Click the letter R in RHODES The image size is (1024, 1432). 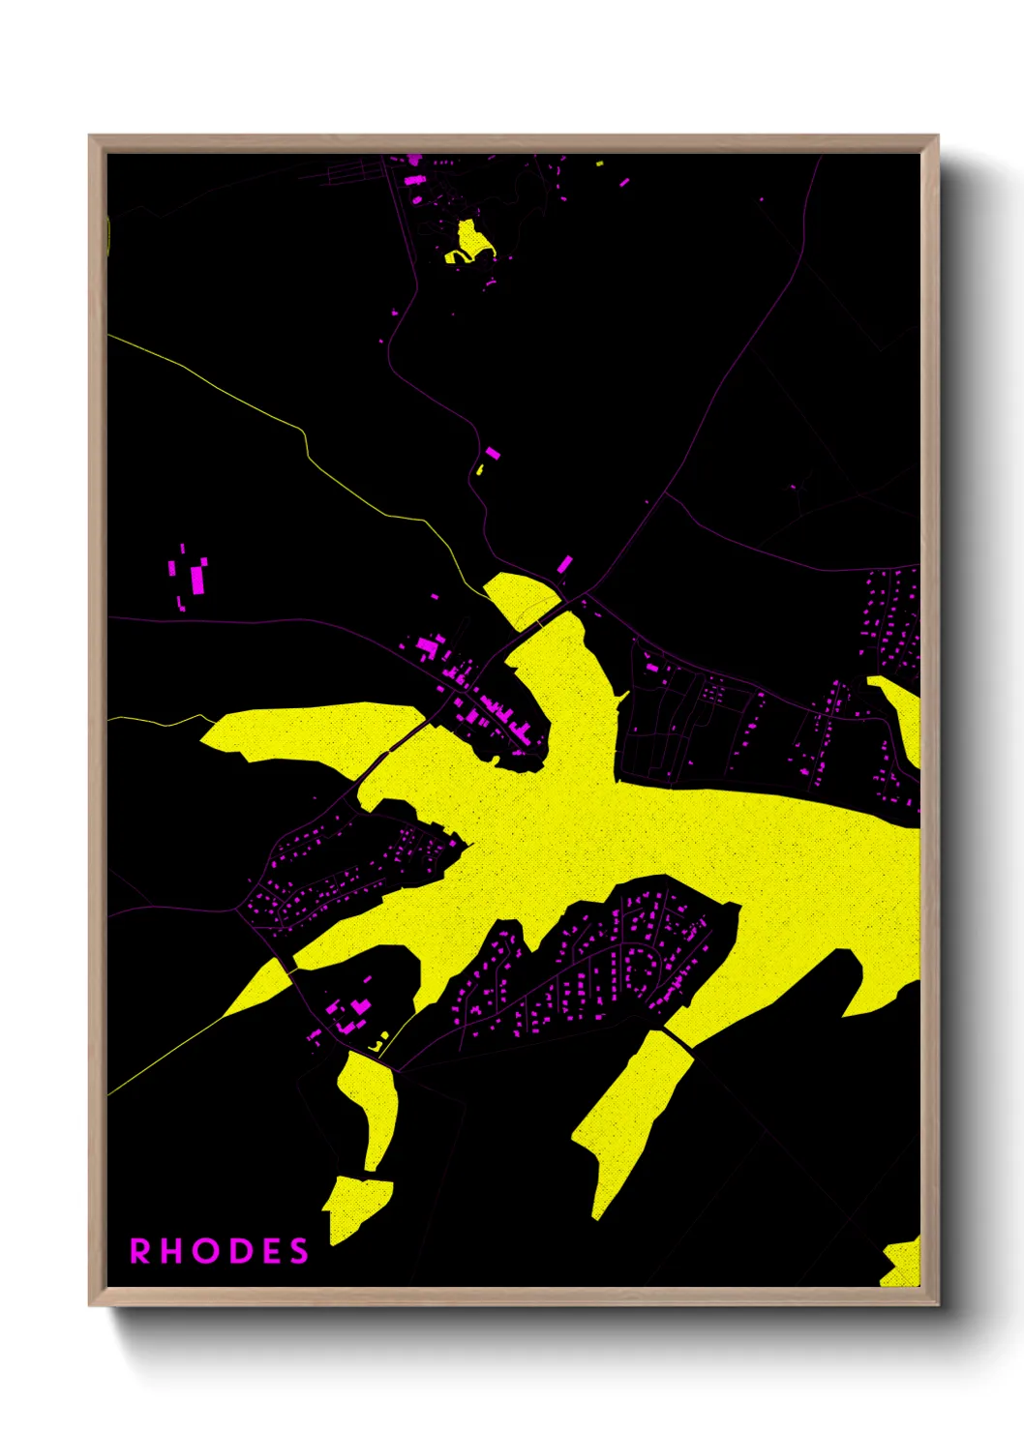pyautogui.click(x=141, y=1251)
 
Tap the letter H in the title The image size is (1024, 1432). pyautogui.click(x=172, y=1251)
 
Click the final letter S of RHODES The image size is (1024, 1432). pyautogui.click(x=298, y=1251)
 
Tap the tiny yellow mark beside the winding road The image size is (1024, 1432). pyautogui.click(x=479, y=470)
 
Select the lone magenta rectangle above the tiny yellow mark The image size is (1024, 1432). pyautogui.click(x=492, y=453)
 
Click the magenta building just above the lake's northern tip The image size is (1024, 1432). pyautogui.click(x=563, y=563)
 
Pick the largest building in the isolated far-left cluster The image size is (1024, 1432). pyautogui.click(x=197, y=580)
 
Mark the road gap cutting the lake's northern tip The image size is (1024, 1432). pyautogui.click(x=538, y=617)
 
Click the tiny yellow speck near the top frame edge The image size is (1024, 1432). pyautogui.click(x=600, y=164)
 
